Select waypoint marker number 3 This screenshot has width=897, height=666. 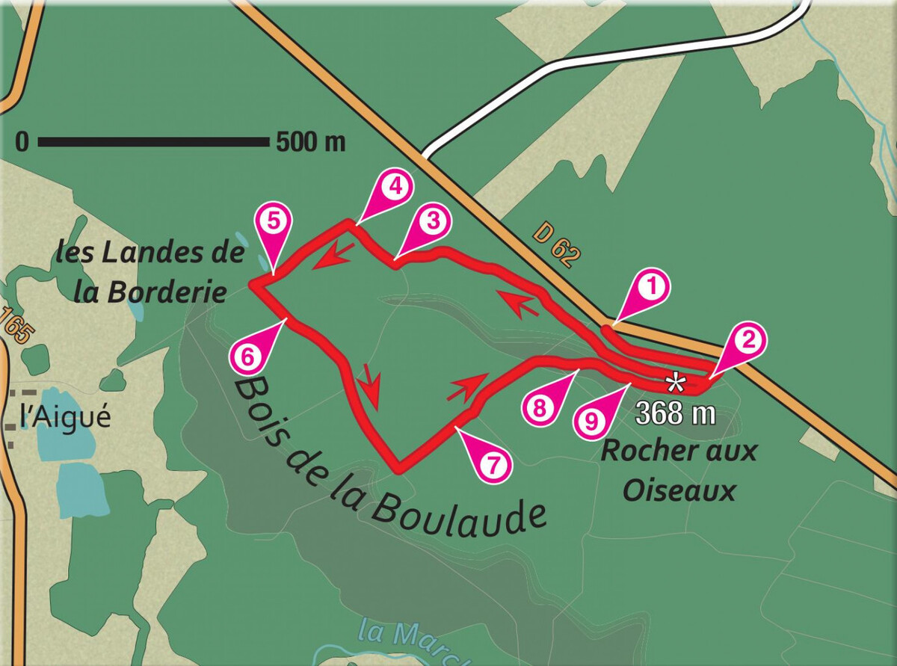click(432, 222)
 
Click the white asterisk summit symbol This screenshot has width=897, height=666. click(676, 384)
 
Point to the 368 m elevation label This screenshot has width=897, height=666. click(676, 412)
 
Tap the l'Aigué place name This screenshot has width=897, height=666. click(66, 417)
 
